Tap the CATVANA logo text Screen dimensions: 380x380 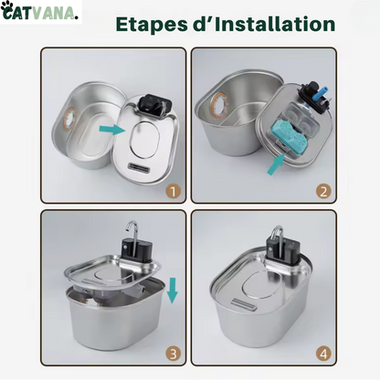pyautogui.click(x=46, y=12)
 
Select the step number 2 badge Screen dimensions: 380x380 pyautogui.click(x=322, y=191)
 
